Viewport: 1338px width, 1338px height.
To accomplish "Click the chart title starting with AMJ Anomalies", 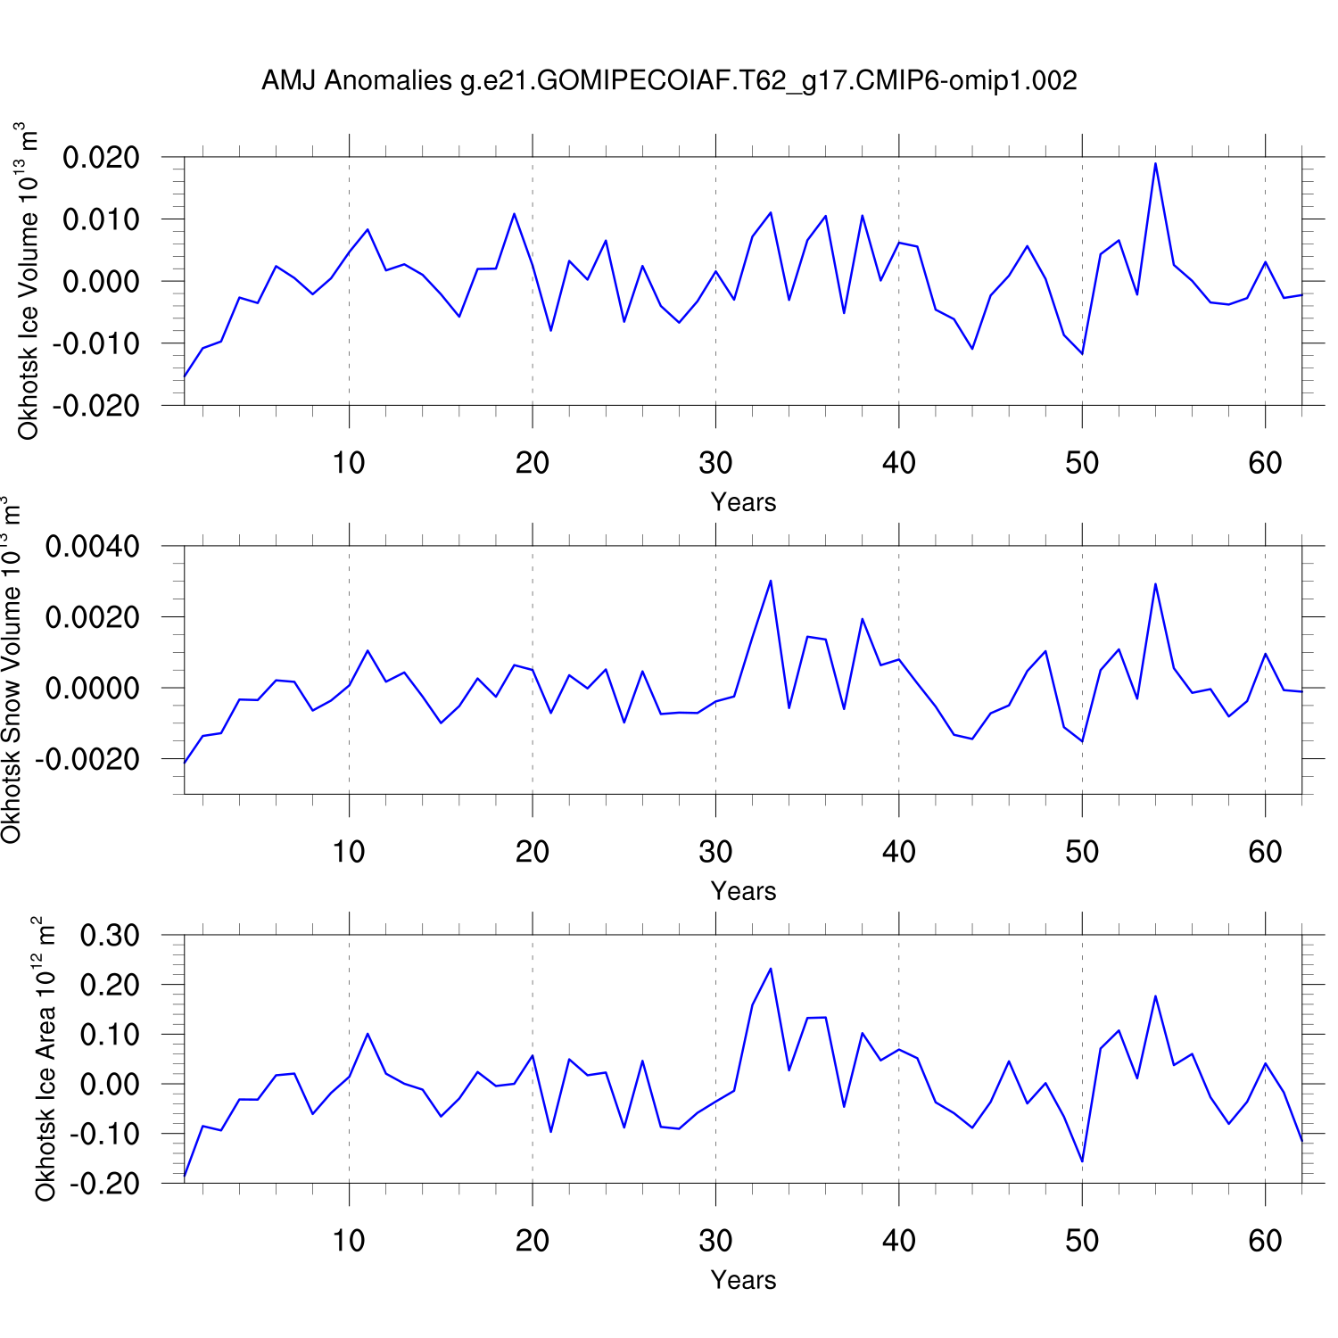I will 669,81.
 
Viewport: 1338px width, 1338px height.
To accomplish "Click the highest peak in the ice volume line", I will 1155,163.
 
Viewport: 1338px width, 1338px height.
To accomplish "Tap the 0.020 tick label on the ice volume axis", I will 102,158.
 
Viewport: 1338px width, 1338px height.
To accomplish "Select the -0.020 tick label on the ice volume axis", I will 96,406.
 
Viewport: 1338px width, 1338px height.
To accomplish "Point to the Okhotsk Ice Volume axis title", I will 29,281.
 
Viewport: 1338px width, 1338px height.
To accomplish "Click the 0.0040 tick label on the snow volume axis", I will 93,546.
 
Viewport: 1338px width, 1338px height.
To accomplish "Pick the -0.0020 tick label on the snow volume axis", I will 87,759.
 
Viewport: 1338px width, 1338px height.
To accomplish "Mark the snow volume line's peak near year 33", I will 771,581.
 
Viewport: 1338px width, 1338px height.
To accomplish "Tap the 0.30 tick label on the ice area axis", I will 110,936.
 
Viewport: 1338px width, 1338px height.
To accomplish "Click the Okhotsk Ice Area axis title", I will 45,1059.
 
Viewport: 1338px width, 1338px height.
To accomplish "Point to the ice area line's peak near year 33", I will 771,969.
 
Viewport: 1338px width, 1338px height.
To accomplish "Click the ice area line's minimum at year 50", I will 1082,1161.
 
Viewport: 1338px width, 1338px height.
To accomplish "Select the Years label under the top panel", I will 743,502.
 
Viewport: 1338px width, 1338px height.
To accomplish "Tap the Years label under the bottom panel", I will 743,1280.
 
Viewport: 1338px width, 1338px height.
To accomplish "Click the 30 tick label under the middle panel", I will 715,852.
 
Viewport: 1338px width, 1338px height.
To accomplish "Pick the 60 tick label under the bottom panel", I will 1265,1241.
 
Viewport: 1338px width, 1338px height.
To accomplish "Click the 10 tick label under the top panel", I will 349,463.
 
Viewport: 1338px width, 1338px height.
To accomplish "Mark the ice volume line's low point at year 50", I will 1082,354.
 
